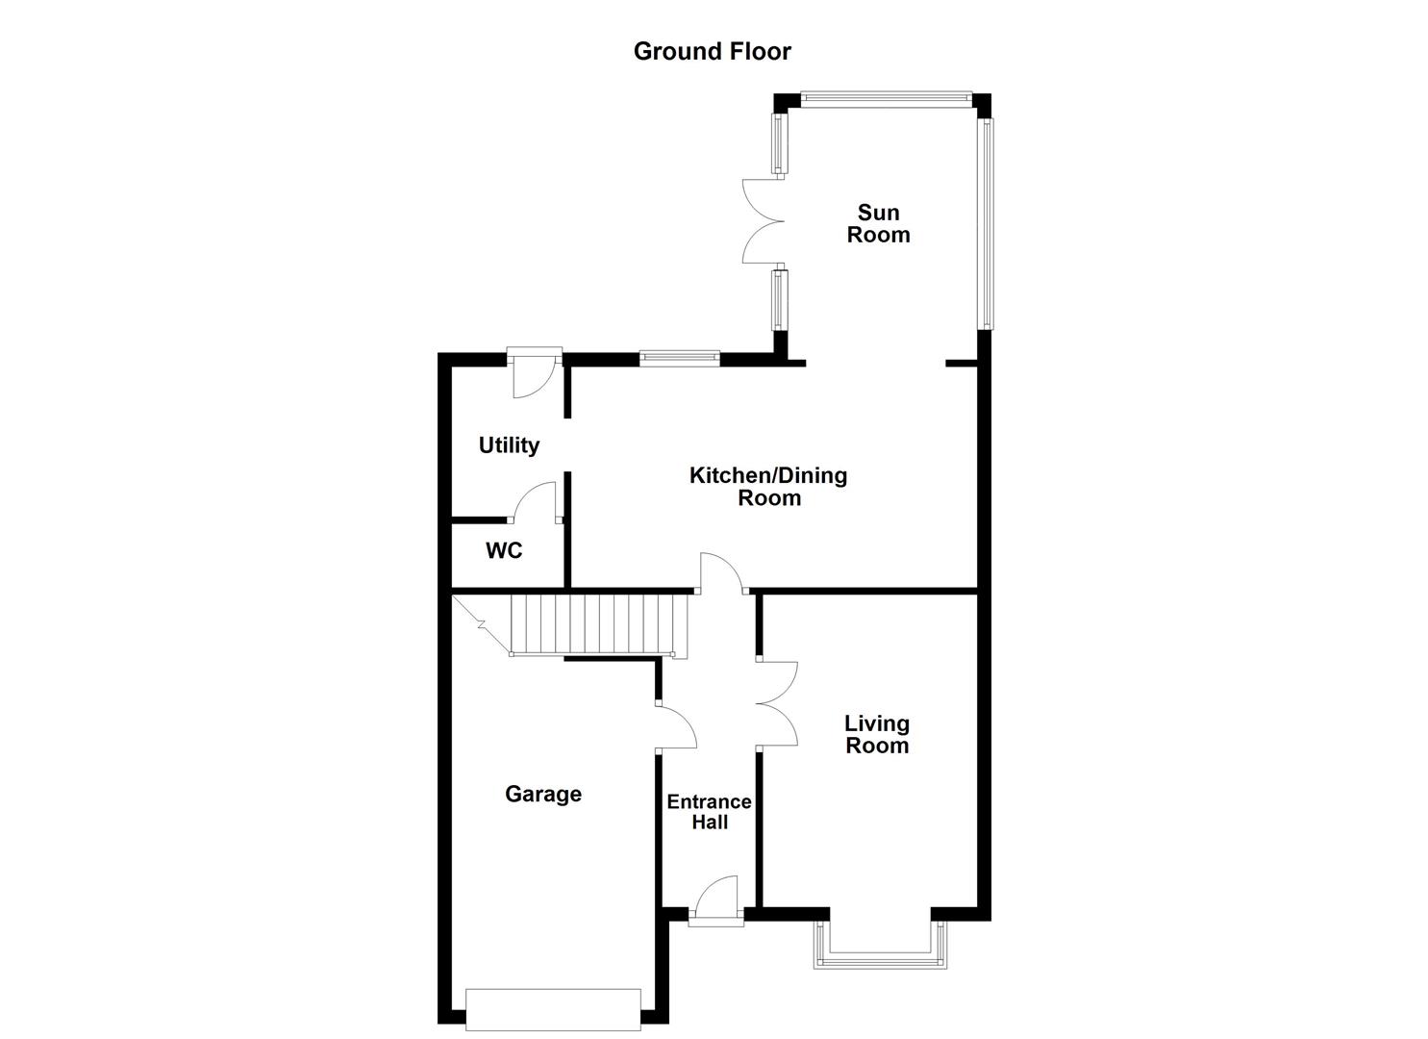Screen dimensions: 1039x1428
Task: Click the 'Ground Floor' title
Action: pos(712,51)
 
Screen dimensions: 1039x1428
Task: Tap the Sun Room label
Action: pos(878,223)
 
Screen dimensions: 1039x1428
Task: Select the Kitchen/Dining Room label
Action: pos(768,486)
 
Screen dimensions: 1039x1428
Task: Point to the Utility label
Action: pos(509,445)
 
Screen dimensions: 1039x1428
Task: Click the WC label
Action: pos(504,550)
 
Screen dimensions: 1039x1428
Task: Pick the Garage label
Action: pos(543,794)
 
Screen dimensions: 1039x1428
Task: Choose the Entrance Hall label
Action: pos(710,812)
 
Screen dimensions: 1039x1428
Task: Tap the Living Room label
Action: pos(877,734)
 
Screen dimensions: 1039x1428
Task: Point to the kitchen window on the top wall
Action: pos(680,358)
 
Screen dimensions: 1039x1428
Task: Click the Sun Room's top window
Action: pos(884,96)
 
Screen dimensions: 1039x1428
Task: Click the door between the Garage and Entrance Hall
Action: pos(675,726)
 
